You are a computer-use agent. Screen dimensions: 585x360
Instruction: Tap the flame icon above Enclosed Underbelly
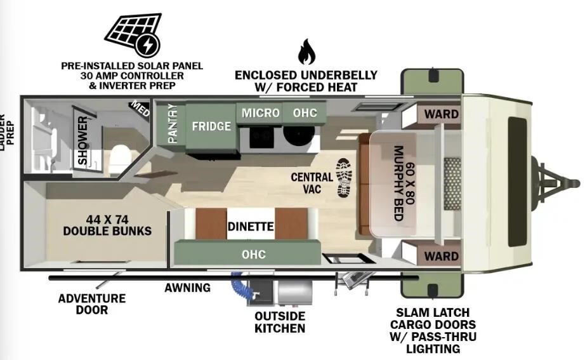(x=306, y=51)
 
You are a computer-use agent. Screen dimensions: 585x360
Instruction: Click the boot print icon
(x=344, y=178)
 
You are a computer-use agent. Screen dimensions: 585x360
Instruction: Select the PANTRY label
(x=172, y=123)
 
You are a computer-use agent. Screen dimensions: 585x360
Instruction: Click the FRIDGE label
(x=211, y=126)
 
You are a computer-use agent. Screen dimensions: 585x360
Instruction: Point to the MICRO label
(x=260, y=112)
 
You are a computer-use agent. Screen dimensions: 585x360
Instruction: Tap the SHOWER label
(x=83, y=140)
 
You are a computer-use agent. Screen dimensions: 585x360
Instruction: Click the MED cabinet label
(x=140, y=109)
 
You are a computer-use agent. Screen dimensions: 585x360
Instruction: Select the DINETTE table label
(x=251, y=226)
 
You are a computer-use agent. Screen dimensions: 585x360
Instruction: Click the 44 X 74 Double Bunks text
(x=107, y=225)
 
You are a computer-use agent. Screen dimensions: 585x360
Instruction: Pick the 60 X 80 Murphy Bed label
(x=404, y=183)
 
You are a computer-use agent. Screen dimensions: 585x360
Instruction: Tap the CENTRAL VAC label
(x=312, y=183)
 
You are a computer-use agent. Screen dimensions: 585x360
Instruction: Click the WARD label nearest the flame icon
(x=442, y=114)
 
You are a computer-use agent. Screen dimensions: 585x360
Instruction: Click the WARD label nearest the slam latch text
(x=442, y=256)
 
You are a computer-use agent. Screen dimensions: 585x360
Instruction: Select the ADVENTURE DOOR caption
(x=92, y=304)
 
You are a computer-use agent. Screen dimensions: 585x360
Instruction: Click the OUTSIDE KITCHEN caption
(x=280, y=322)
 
